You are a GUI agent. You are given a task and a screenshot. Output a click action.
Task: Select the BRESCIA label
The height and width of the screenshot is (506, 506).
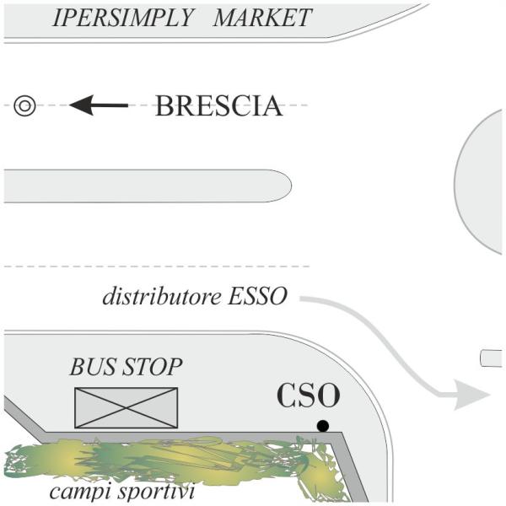coord(218,106)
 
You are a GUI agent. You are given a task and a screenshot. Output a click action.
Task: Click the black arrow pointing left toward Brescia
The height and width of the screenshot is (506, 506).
coord(98,106)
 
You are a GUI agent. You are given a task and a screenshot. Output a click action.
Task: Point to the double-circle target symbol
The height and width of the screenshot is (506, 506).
coord(24,106)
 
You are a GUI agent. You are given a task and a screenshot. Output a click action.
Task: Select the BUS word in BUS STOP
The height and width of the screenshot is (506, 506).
coord(90,367)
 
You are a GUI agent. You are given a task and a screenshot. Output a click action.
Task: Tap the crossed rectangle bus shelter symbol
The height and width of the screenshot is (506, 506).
coord(126,407)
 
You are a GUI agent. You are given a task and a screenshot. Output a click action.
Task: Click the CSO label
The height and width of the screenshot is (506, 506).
coord(309,396)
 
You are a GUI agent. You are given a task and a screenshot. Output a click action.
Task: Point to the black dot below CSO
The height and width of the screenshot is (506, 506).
coord(322,425)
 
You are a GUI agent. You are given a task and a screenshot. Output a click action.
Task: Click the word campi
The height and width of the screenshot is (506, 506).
coord(75,491)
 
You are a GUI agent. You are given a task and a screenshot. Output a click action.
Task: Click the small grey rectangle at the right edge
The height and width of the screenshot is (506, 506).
coord(492,358)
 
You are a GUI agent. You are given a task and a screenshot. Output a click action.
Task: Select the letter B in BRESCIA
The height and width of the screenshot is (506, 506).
coord(164,106)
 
